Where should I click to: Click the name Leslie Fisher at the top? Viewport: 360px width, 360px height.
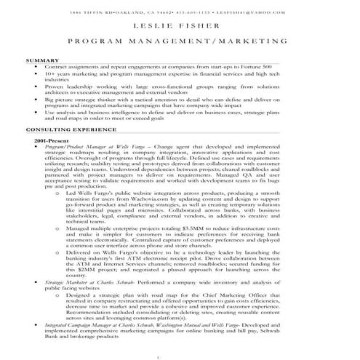(x=180, y=28)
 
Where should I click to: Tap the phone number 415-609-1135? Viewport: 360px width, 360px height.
(x=210, y=12)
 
